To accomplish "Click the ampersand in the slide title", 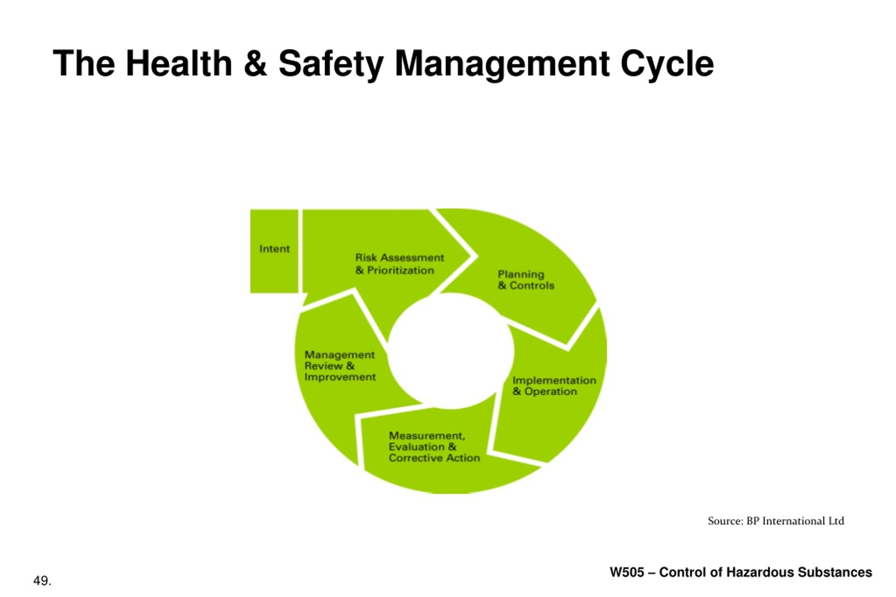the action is pos(255,63).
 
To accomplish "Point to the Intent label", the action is pos(274,249).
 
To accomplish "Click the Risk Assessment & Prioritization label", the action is pos(400,264).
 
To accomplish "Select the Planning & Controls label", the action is pos(526,280).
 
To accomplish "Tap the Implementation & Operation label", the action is pos(554,386).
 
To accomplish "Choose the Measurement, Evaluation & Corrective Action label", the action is pos(434,447).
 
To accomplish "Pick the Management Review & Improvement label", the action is pos(340,366).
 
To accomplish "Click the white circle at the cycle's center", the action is pos(451,351).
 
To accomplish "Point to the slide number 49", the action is pos(42,581).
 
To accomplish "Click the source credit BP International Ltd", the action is pos(795,521).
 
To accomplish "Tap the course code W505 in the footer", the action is pos(627,572).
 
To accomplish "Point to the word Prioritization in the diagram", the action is pos(400,270).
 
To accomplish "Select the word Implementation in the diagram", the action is pos(554,381).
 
